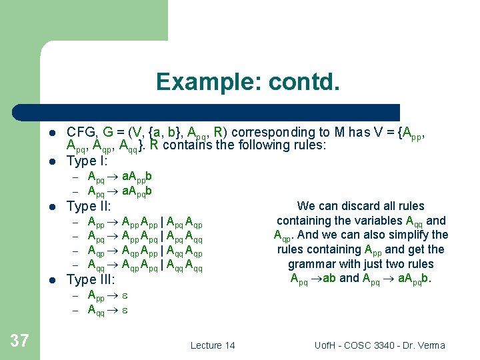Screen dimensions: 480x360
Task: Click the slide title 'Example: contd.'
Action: (x=248, y=82)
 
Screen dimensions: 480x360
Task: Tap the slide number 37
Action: (x=20, y=341)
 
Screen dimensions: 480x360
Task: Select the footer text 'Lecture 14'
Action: (x=213, y=345)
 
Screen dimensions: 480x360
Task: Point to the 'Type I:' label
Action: (x=87, y=160)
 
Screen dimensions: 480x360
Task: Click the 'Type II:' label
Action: (x=89, y=206)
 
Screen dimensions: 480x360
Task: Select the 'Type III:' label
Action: (x=91, y=279)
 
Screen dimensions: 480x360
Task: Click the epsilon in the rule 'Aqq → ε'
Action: (x=124, y=309)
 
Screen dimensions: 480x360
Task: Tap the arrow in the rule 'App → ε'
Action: (x=113, y=295)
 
